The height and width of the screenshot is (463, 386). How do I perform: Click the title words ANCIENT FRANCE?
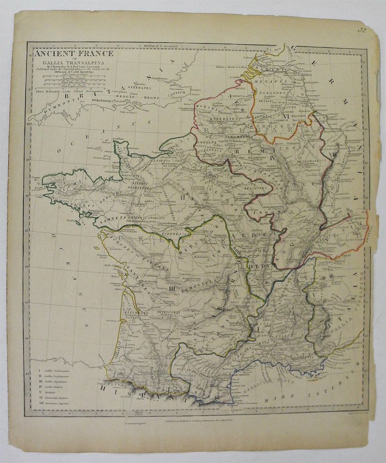[74, 53]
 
